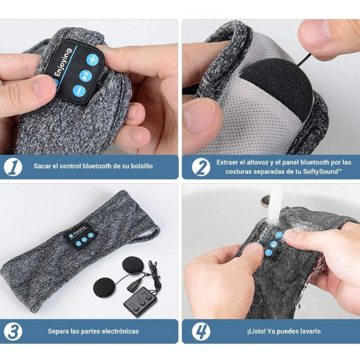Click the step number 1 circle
tap(13, 167)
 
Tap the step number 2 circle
tap(201, 167)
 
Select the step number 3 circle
tap(13, 332)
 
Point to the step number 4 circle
tap(201, 332)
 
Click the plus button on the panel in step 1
tap(93, 59)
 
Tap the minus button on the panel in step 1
tap(79, 91)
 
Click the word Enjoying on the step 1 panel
tap(63, 62)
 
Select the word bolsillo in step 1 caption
tap(142, 166)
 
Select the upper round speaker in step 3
tap(133, 266)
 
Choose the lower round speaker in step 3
tap(104, 288)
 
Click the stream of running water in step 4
tap(276, 205)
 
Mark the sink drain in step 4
tap(265, 201)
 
